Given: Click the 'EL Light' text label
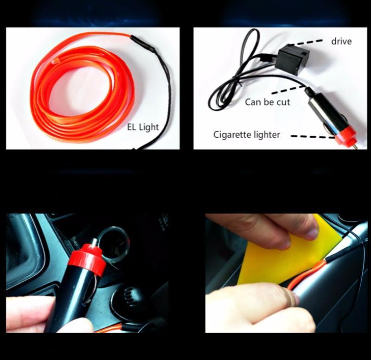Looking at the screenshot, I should (143, 127).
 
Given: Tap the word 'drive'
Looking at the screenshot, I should (341, 41).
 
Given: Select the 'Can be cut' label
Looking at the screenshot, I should (267, 102).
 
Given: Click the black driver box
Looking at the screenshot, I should (292, 58).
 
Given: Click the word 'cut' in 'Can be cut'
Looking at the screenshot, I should (283, 102).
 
